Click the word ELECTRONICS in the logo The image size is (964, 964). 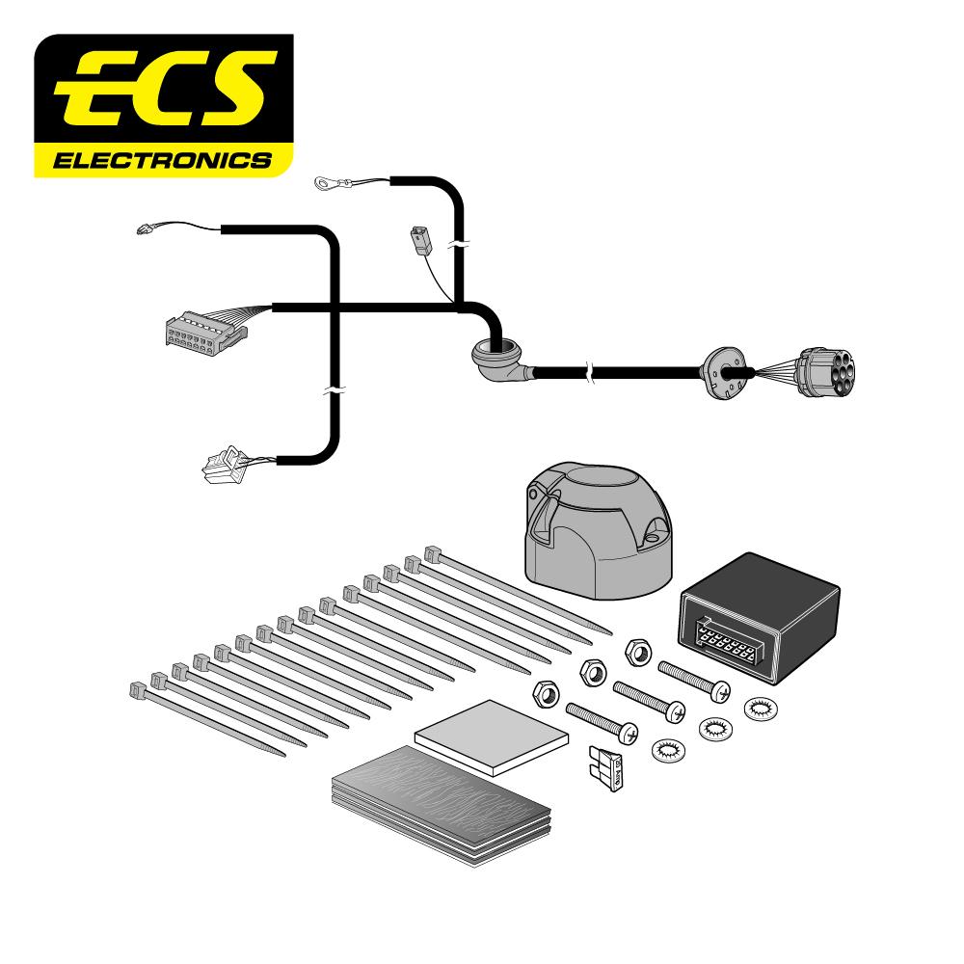click(161, 160)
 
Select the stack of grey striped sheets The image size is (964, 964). click(439, 795)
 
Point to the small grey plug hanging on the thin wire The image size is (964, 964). click(420, 238)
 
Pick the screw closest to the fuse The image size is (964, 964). click(602, 722)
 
